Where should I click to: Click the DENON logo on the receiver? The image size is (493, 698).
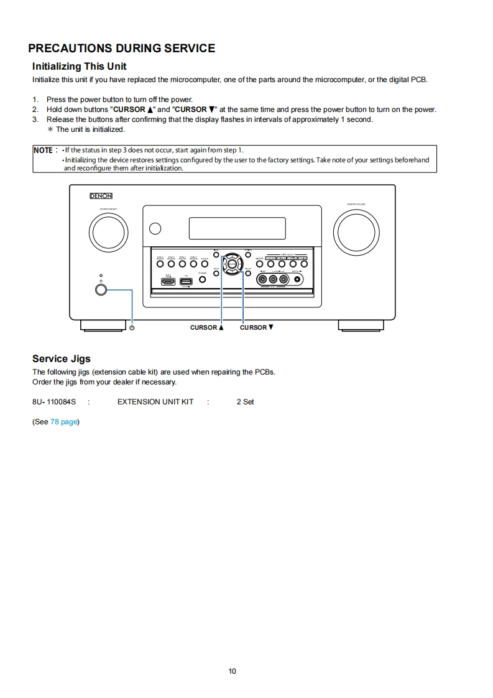coord(100,195)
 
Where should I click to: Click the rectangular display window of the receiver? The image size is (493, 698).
coord(237,228)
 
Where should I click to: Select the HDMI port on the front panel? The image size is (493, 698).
coord(168,281)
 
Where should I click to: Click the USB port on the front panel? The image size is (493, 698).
coord(186,281)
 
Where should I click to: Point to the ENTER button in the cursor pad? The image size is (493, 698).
coord(232,264)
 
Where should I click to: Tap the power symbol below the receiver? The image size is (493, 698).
coord(132,328)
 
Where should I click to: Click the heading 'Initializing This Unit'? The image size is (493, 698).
coord(79,66)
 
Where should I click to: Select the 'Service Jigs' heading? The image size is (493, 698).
coord(61,358)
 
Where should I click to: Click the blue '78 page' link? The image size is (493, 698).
coord(64,422)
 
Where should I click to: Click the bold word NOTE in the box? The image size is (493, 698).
coord(43,150)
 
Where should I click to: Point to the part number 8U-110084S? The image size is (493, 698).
coord(53,402)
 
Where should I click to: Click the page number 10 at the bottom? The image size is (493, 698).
coord(232,671)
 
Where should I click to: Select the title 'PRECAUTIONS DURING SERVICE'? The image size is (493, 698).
coord(122,49)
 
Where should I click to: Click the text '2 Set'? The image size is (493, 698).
coord(245,402)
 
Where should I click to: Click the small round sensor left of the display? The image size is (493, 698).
coord(155,228)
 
